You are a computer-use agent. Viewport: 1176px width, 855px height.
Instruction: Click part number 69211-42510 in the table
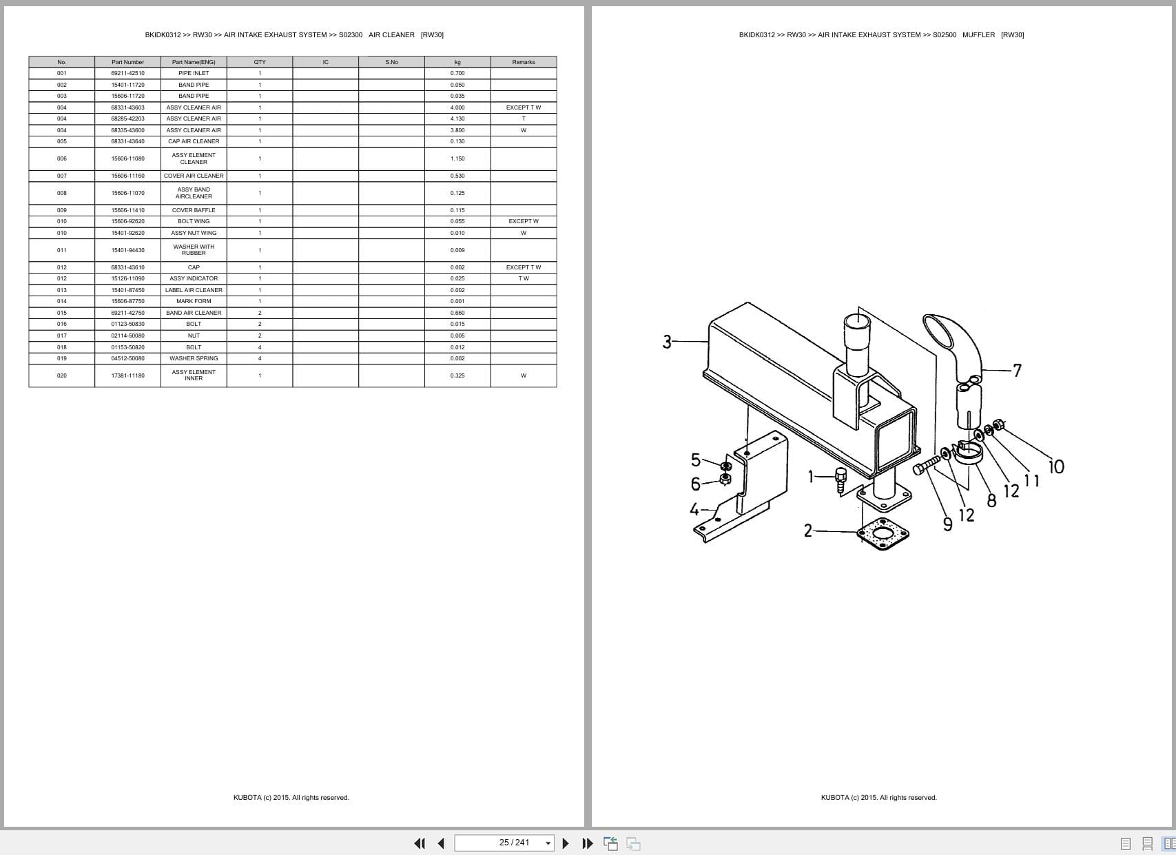click(x=127, y=73)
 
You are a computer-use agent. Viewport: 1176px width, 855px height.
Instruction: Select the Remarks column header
click(x=523, y=62)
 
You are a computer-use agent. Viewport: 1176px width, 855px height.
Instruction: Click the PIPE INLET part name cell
click(x=194, y=73)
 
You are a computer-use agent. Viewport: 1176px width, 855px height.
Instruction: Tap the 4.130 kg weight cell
click(x=457, y=119)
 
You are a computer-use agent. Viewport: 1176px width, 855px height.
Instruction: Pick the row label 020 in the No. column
click(x=62, y=375)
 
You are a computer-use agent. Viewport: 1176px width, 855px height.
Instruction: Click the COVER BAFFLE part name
click(x=194, y=210)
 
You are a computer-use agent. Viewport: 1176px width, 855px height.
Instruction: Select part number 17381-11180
click(x=127, y=375)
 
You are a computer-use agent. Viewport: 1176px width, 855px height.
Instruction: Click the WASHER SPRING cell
click(x=194, y=358)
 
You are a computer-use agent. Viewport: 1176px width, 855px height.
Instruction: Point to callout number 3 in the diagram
click(x=667, y=342)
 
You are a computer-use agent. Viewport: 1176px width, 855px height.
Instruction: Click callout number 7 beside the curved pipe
click(x=1017, y=371)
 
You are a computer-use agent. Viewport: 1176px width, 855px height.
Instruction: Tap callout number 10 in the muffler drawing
click(x=1056, y=466)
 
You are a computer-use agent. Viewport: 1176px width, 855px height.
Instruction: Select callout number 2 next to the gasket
click(x=808, y=530)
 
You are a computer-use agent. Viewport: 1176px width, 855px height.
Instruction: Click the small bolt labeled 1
click(x=840, y=478)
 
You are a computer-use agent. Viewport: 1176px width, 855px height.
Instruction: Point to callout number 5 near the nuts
click(x=695, y=460)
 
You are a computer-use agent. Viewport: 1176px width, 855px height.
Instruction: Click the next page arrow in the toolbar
click(x=566, y=843)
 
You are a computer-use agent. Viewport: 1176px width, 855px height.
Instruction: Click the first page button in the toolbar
click(x=419, y=843)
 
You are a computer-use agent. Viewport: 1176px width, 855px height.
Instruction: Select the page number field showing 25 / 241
click(x=504, y=843)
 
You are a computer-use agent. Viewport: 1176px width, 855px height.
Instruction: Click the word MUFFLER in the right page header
click(x=978, y=34)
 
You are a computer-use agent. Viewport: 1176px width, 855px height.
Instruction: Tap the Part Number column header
click(x=127, y=62)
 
